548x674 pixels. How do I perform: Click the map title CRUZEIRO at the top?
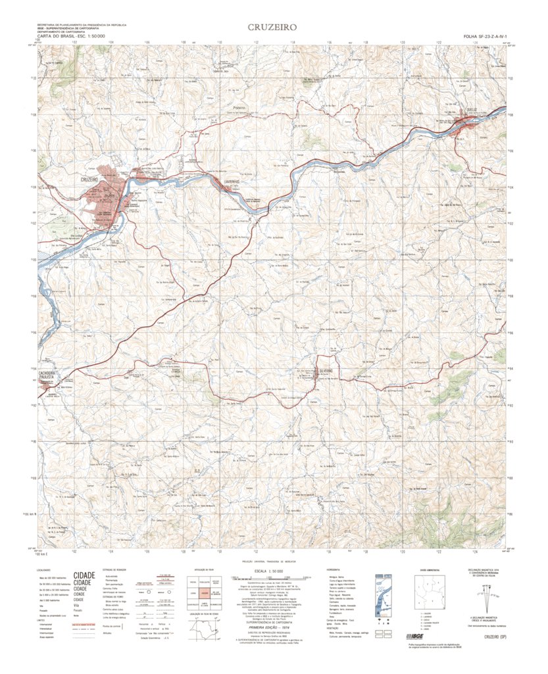click(273, 28)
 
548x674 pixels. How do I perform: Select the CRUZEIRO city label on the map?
click(94, 179)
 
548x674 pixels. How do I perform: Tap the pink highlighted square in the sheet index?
click(205, 594)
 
